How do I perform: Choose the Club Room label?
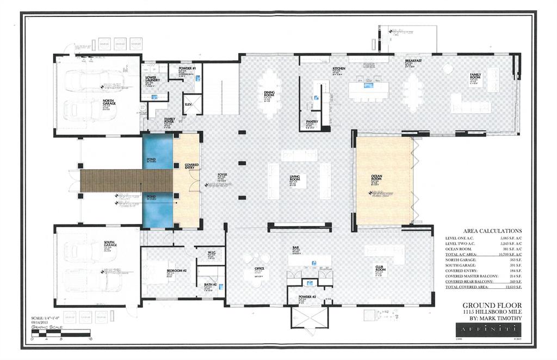click(380, 268)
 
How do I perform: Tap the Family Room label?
click(479, 77)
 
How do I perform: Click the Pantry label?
click(312, 122)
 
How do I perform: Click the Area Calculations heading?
click(492, 231)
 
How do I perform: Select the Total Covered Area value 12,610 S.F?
click(511, 287)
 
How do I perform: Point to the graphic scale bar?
click(61, 332)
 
